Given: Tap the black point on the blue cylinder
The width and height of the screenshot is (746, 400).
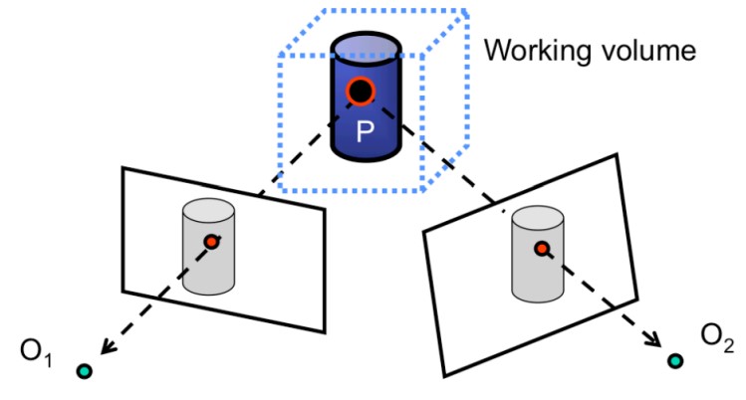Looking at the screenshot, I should click(361, 94).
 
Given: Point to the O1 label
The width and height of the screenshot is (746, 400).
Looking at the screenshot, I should click(30, 354).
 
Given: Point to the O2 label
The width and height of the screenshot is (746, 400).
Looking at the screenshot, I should click(715, 342).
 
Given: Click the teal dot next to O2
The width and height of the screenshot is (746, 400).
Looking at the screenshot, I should click(675, 360).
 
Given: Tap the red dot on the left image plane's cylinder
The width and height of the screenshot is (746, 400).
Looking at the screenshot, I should click(210, 242).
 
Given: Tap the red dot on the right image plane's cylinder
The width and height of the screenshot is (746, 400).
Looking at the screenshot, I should click(540, 248).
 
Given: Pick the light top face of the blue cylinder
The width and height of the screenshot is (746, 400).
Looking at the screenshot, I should click(365, 46).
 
